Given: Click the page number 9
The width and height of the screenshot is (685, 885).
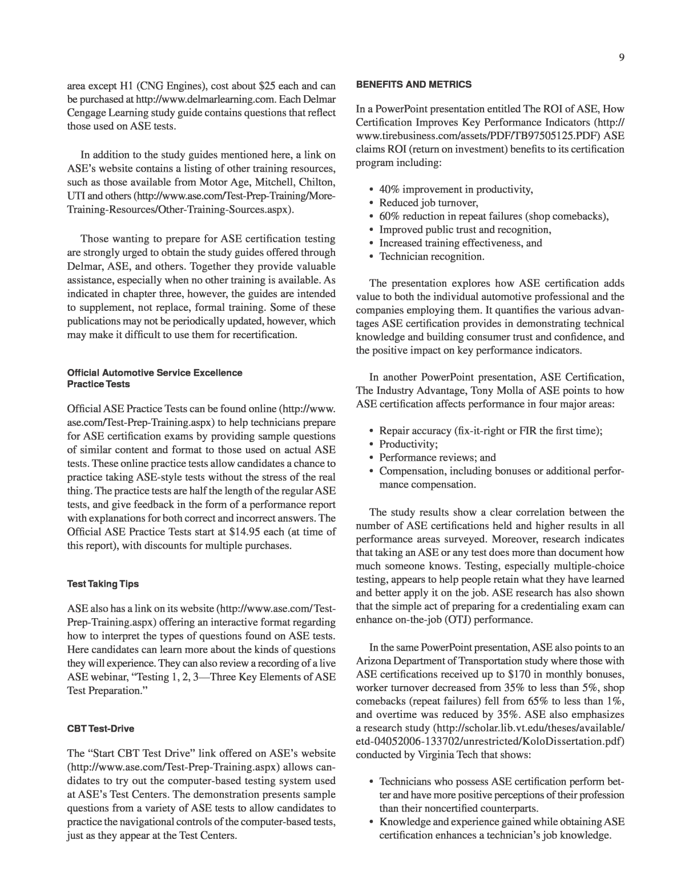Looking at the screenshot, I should point(621,57).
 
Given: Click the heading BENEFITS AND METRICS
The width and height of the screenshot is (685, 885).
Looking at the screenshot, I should point(414,84).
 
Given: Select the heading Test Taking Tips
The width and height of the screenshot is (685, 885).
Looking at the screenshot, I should point(103,584).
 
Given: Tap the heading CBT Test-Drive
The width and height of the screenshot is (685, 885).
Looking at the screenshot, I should point(100,729).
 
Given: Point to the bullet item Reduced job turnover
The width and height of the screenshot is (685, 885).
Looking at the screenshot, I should point(429,202).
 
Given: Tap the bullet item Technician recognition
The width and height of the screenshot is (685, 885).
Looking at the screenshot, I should point(432,256).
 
